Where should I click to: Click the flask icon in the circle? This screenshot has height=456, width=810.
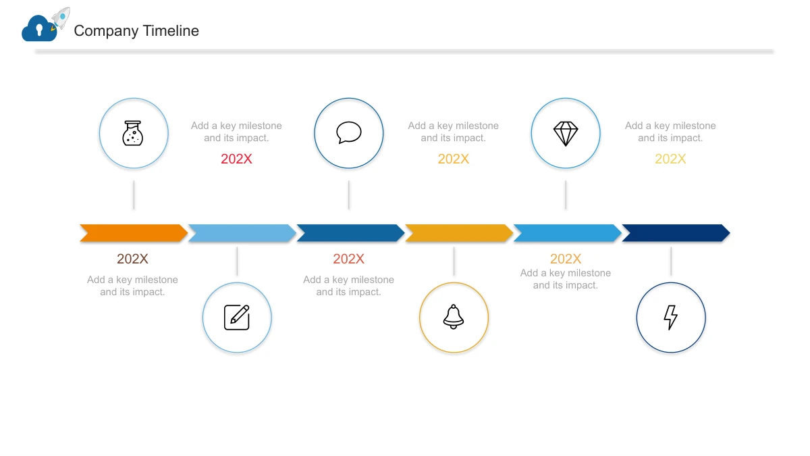pyautogui.click(x=133, y=133)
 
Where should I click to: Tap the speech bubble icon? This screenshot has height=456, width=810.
pyautogui.click(x=348, y=132)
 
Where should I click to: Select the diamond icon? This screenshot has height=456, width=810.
pyautogui.click(x=566, y=134)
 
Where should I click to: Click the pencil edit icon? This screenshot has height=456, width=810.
pyautogui.click(x=237, y=318)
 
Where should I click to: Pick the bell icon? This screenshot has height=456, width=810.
pyautogui.click(x=454, y=317)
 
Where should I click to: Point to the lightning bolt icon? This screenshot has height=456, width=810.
pyautogui.click(x=671, y=318)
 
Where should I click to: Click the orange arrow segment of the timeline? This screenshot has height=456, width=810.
pyautogui.click(x=134, y=232)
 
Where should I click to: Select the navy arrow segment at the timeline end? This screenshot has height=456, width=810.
pyautogui.click(x=676, y=232)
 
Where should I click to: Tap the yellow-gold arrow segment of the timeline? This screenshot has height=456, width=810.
pyautogui.click(x=459, y=232)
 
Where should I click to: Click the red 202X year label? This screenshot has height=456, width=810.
pyautogui.click(x=236, y=159)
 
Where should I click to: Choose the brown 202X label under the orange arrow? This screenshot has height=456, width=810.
pyautogui.click(x=132, y=259)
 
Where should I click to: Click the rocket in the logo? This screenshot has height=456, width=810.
pyautogui.click(x=60, y=18)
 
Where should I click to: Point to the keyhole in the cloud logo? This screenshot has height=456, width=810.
pyautogui.click(x=39, y=30)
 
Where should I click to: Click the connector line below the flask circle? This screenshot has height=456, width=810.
pyautogui.click(x=134, y=195)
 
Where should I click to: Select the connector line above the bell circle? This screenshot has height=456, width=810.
pyautogui.click(x=454, y=261)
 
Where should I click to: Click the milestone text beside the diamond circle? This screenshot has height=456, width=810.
pyautogui.click(x=670, y=132)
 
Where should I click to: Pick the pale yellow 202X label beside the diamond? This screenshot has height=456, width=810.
pyautogui.click(x=670, y=159)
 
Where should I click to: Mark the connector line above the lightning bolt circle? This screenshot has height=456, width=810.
pyautogui.click(x=671, y=261)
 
